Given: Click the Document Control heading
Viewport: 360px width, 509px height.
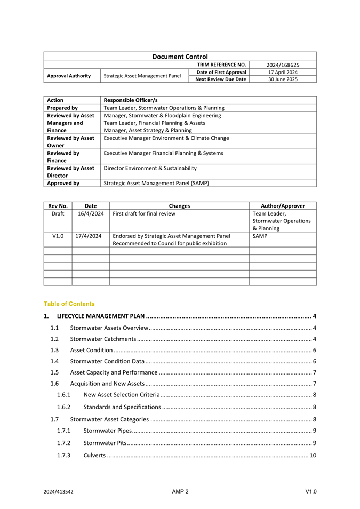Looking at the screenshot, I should (x=180, y=57).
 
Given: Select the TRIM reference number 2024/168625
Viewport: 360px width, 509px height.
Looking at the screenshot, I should (x=283, y=65).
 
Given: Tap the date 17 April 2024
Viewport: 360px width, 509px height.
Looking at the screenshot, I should (x=283, y=72).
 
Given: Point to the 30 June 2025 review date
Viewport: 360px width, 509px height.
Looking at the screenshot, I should (x=283, y=79).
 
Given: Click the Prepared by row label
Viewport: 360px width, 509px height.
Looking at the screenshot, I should (x=62, y=108).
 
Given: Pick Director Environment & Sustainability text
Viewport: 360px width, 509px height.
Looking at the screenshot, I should (x=150, y=168).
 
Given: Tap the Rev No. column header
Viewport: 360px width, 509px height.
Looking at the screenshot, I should (x=58, y=206).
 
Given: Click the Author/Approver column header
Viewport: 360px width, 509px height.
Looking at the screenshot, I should (x=283, y=206).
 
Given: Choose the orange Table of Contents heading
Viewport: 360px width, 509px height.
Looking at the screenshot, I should (x=69, y=304).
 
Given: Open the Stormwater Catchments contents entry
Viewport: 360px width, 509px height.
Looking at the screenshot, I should (x=103, y=339).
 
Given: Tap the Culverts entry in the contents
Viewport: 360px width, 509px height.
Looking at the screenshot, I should (x=94, y=455).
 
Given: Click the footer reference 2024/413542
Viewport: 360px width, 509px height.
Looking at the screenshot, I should (x=59, y=492).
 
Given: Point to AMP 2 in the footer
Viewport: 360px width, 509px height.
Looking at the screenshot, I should (x=180, y=491).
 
